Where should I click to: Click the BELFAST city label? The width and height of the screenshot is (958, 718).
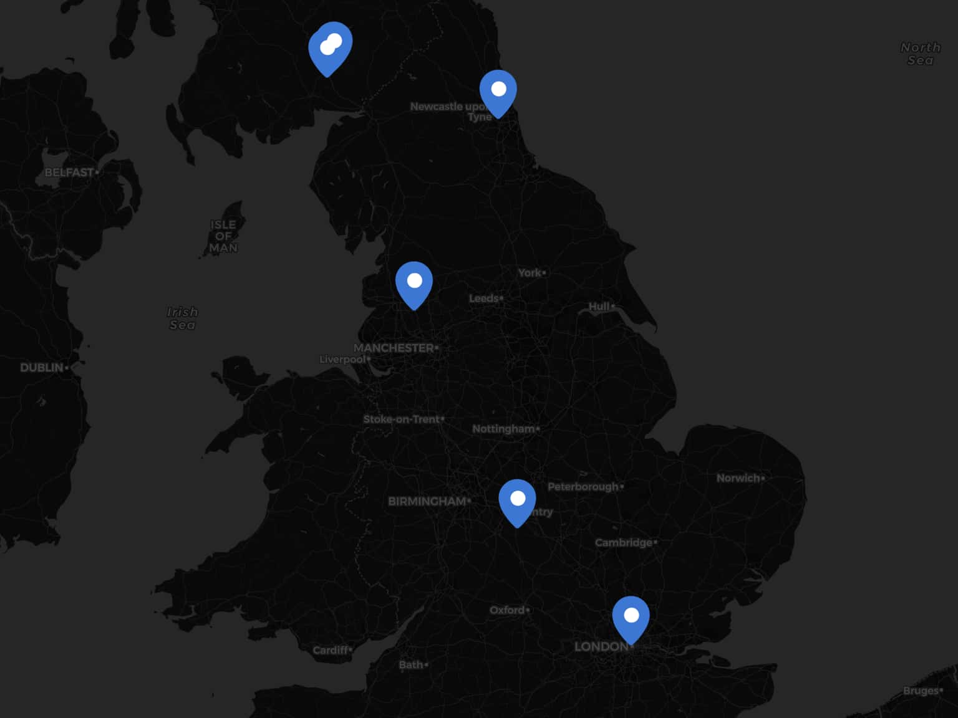tap(69, 172)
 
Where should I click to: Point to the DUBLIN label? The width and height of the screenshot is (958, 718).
tap(42, 368)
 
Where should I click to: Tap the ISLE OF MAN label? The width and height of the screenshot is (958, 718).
tap(223, 236)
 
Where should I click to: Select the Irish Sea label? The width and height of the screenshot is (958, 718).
tap(182, 318)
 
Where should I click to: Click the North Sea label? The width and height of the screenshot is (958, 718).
tap(920, 54)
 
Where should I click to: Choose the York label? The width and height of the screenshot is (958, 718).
tap(530, 273)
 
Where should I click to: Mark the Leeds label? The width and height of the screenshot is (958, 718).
tap(484, 299)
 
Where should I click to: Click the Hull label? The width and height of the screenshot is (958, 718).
tap(599, 307)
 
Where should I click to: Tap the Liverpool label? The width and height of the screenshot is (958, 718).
tap(342, 360)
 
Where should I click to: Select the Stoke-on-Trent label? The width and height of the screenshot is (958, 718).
tap(402, 419)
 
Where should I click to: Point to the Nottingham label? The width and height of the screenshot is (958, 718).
tap(503, 429)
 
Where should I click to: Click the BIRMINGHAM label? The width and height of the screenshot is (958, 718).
tap(427, 501)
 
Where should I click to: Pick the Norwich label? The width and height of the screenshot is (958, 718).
tap(738, 478)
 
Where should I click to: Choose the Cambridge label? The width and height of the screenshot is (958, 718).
tap(624, 542)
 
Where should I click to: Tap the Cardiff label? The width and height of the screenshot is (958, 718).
tap(331, 650)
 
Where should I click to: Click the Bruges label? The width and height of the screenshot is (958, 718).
tap(921, 691)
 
